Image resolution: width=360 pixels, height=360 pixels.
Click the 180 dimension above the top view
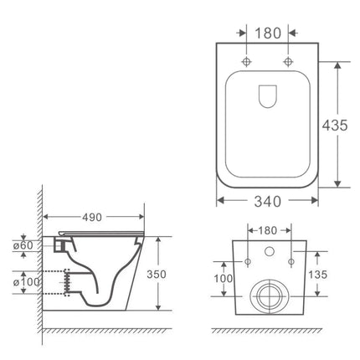click(x=269, y=33)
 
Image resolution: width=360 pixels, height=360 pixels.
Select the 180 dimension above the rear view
click(x=269, y=229)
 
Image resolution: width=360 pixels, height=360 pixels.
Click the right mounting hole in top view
click(x=288, y=63)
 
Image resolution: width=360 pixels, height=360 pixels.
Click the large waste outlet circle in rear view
click(x=269, y=295)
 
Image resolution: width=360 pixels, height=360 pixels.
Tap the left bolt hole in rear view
click(x=248, y=260)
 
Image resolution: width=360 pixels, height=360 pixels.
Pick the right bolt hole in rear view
click(x=290, y=260)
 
